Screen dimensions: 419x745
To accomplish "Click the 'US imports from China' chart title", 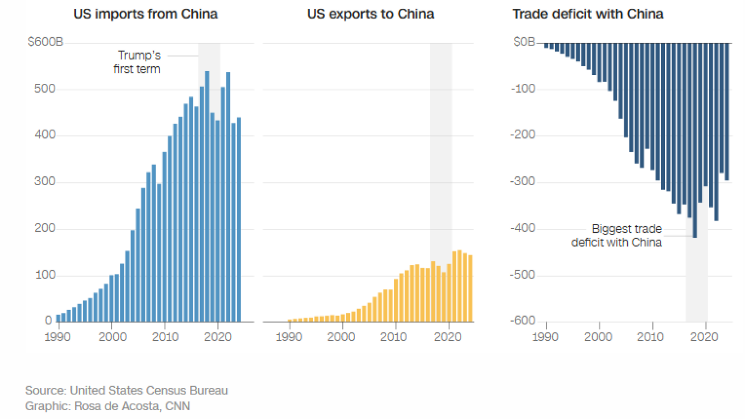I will tap(145, 14).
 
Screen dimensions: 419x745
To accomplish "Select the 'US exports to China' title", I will tap(370, 14).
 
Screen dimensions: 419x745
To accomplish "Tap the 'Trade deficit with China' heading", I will tap(587, 14).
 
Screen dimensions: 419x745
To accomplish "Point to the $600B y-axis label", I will tap(45, 43).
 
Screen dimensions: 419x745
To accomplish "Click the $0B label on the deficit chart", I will tap(524, 43).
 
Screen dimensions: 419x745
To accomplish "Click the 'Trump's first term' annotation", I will tap(137, 62).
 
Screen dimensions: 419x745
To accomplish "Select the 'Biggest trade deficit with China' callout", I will tap(617, 236).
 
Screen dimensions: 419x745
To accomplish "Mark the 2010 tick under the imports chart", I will tap(165, 336).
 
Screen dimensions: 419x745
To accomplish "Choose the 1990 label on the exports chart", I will tap(289, 336).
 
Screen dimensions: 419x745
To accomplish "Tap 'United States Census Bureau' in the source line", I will tap(149, 391).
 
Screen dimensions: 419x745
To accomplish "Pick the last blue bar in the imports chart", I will tap(239, 219).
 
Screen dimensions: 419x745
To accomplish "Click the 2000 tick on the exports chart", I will tap(342, 336).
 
